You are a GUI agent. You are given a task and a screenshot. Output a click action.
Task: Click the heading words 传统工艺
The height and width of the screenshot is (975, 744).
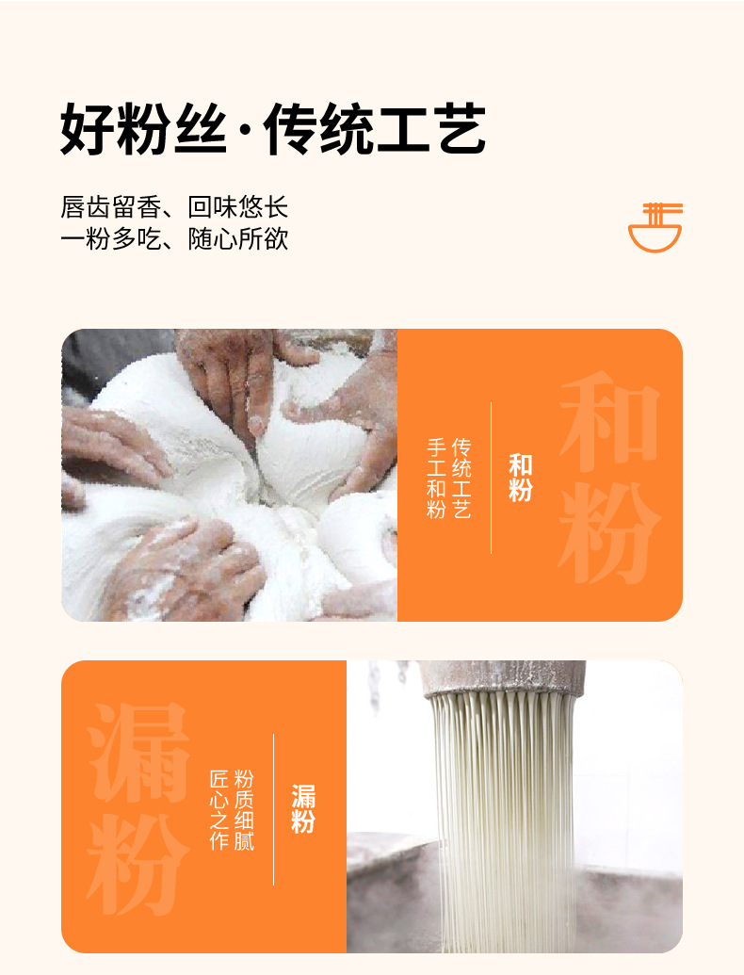click(x=374, y=130)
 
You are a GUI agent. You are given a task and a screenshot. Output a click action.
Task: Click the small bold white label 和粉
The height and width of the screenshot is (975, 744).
click(x=521, y=478)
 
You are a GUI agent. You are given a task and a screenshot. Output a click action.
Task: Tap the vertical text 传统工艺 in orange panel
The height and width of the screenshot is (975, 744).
click(x=461, y=478)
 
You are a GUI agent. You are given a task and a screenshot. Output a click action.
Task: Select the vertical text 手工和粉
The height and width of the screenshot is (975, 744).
click(x=436, y=478)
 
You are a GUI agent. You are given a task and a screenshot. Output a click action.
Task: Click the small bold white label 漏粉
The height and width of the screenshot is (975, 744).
click(x=302, y=808)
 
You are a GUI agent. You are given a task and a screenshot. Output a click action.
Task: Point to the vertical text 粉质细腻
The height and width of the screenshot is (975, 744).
click(x=244, y=809)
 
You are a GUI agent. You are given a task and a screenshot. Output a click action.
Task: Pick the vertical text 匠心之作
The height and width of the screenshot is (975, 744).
click(x=218, y=809)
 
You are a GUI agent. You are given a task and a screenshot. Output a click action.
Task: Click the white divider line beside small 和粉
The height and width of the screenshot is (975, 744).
click(x=492, y=478)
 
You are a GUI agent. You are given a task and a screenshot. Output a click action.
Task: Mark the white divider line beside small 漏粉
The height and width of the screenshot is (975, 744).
click(x=274, y=809)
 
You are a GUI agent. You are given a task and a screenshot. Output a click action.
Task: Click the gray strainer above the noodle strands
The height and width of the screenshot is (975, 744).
click(x=503, y=678)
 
